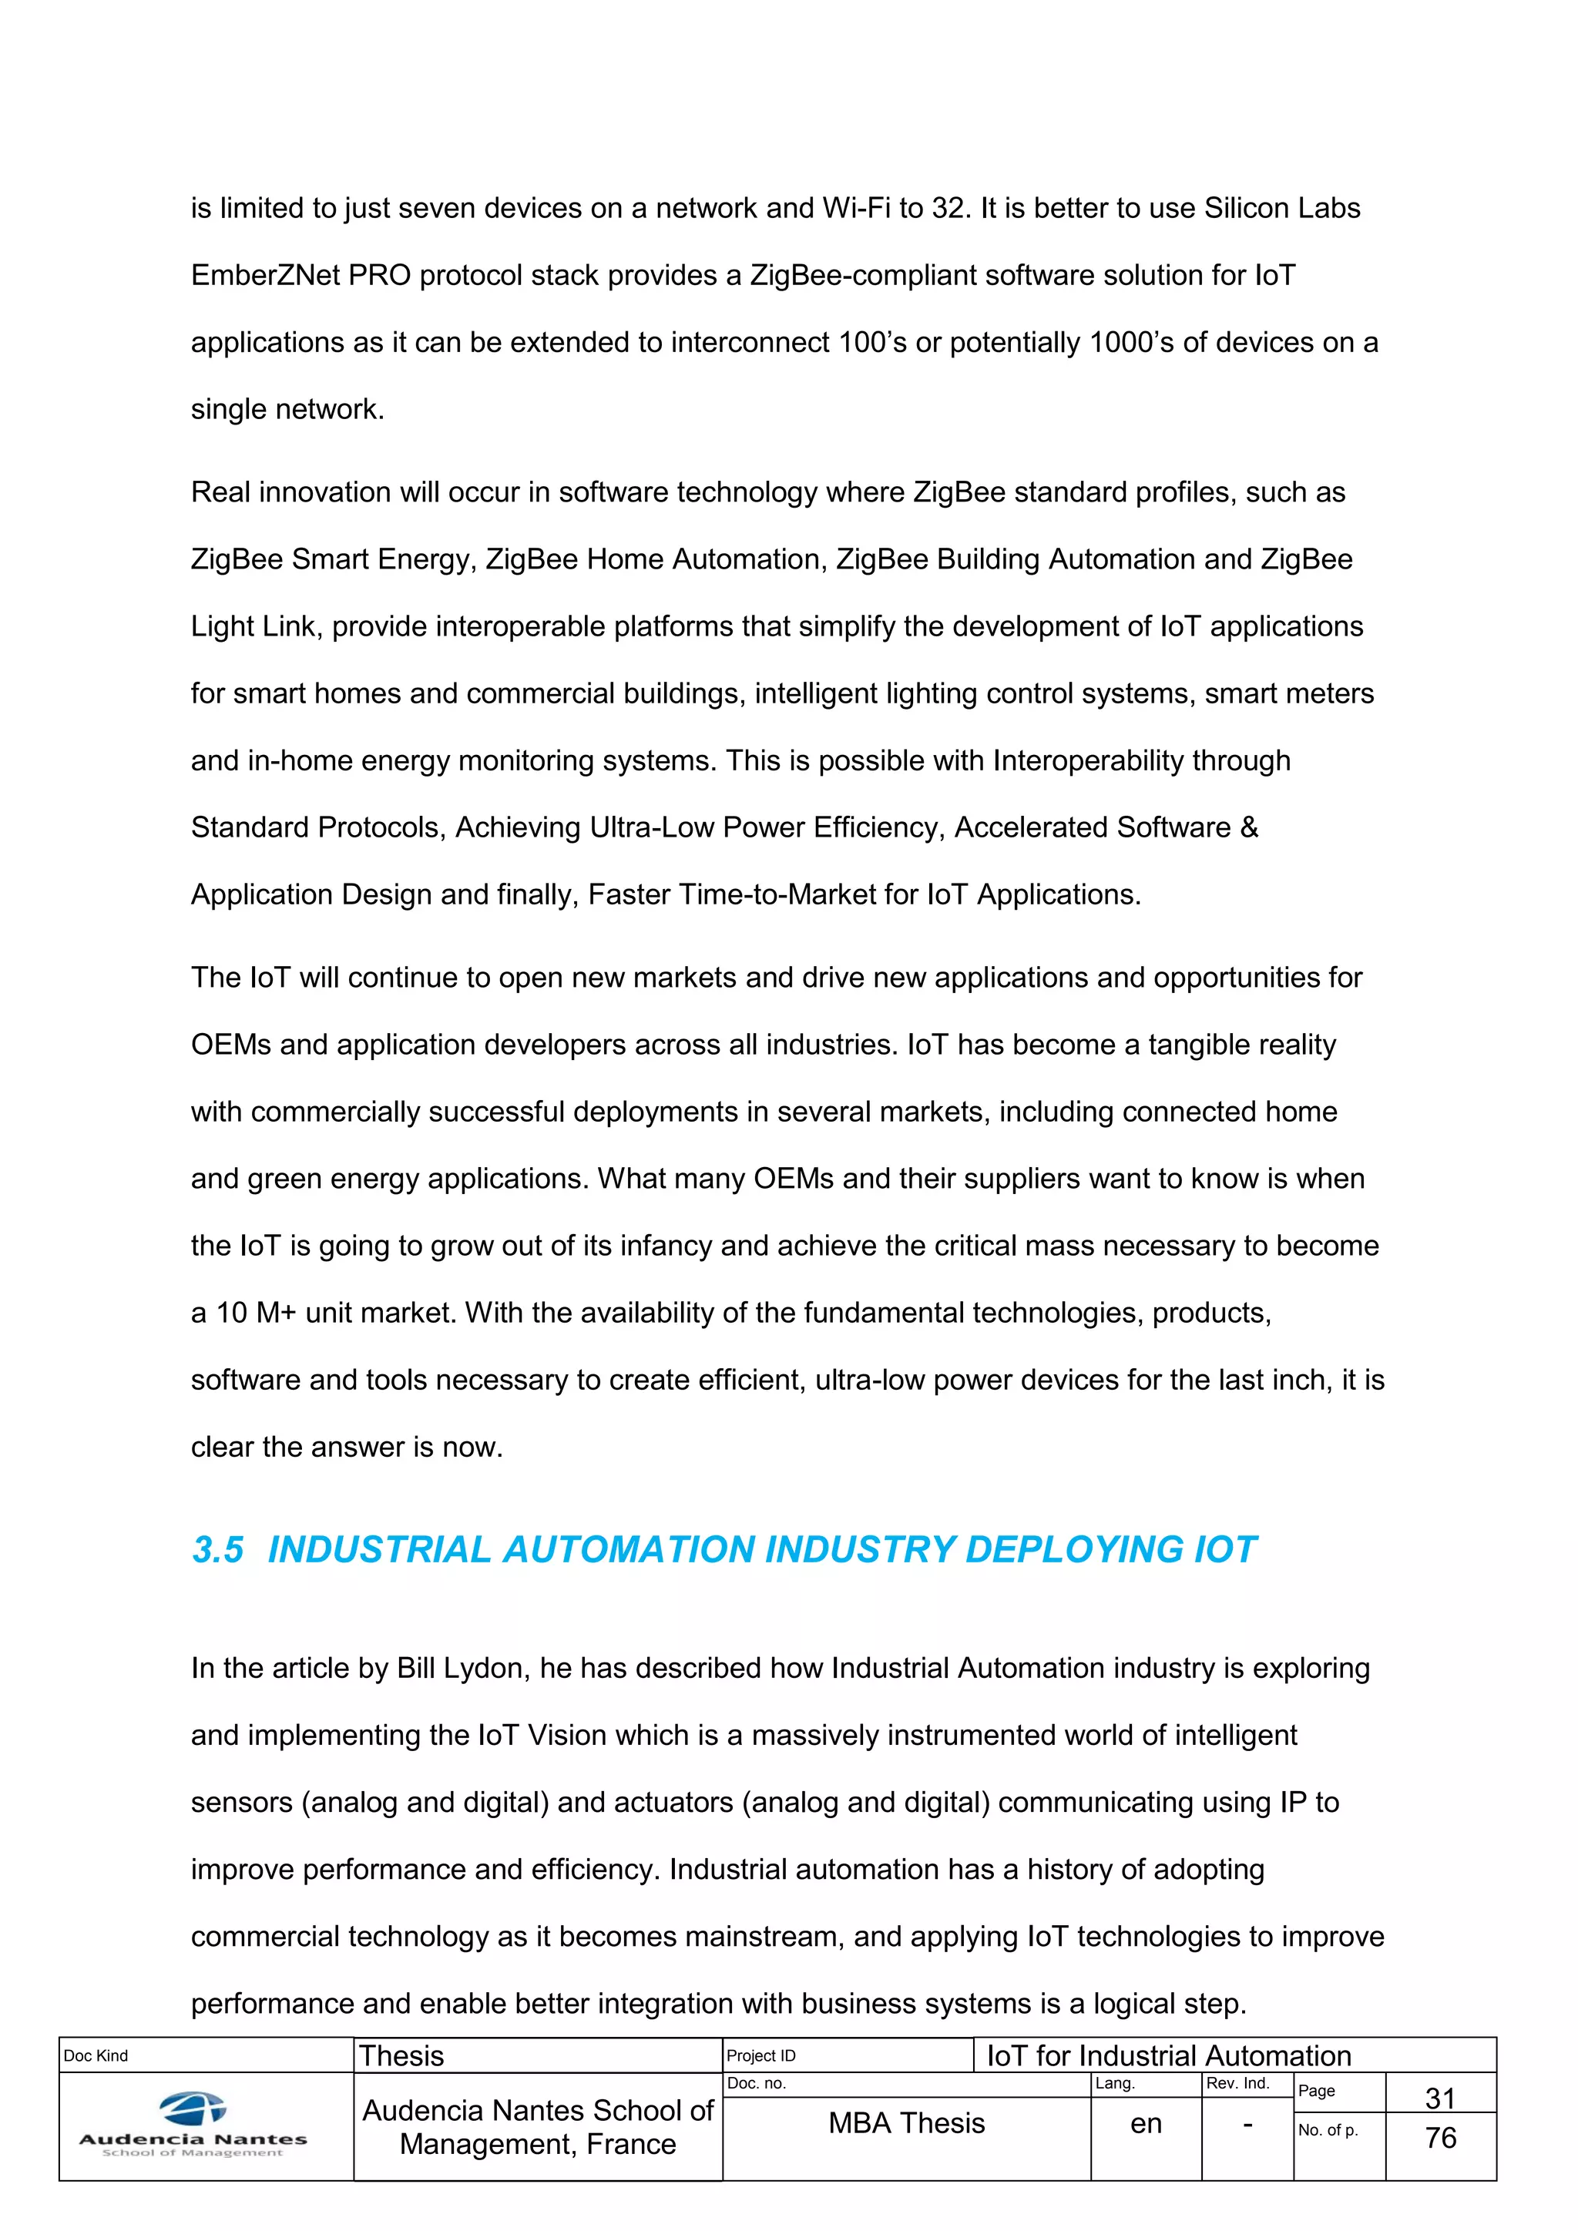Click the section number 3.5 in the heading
pyautogui.click(x=217, y=1549)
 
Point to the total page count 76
pyautogui.click(x=1440, y=2138)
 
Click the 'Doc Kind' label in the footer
pyautogui.click(x=96, y=2055)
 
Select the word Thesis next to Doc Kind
pyautogui.click(x=401, y=2056)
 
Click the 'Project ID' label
pyautogui.click(x=760, y=2055)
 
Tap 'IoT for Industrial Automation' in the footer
pyautogui.click(x=1169, y=2056)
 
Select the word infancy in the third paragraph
pyautogui.click(x=662, y=1246)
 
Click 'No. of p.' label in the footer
pyautogui.click(x=1328, y=2130)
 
